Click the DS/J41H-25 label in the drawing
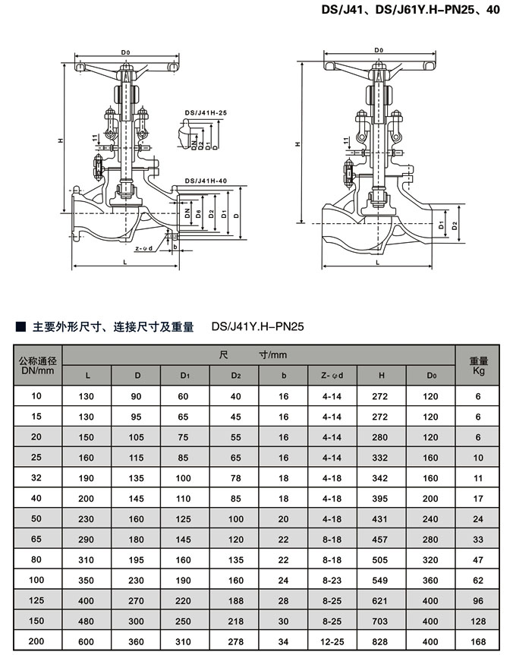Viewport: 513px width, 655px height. coord(206,112)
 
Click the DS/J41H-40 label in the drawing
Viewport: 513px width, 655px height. coord(206,181)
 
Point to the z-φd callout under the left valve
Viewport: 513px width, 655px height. coord(143,248)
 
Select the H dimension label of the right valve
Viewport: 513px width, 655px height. coord(298,143)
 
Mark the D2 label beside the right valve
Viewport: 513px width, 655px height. coord(454,225)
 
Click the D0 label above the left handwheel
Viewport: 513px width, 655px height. coord(125,52)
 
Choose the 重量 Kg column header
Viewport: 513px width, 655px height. coord(478,365)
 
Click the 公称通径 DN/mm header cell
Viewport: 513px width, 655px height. coord(36,365)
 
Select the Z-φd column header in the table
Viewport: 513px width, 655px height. coord(332,375)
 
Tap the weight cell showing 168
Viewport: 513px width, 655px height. coord(478,642)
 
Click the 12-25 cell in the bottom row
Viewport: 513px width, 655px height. coord(332,642)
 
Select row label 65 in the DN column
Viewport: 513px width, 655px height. coord(36,539)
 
